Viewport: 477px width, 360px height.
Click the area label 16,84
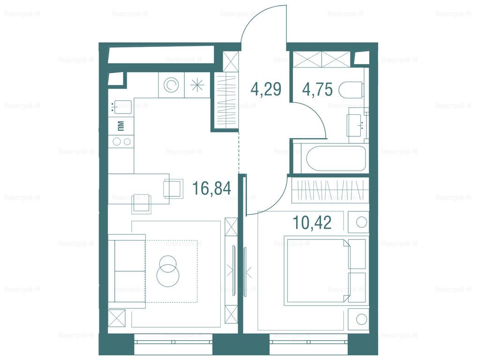tap(212, 188)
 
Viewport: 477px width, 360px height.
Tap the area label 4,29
tap(266, 90)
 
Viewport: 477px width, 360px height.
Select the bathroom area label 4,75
tap(317, 90)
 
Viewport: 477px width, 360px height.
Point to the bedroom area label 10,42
tap(312, 223)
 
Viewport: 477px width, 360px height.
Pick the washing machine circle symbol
tap(171, 85)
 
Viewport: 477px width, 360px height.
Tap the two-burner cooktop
tap(121, 141)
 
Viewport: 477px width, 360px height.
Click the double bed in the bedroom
tap(316, 270)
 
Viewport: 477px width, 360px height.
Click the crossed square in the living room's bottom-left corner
tap(117, 318)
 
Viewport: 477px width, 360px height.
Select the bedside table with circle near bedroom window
tap(358, 319)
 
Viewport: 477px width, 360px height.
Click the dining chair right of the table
tap(173, 189)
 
